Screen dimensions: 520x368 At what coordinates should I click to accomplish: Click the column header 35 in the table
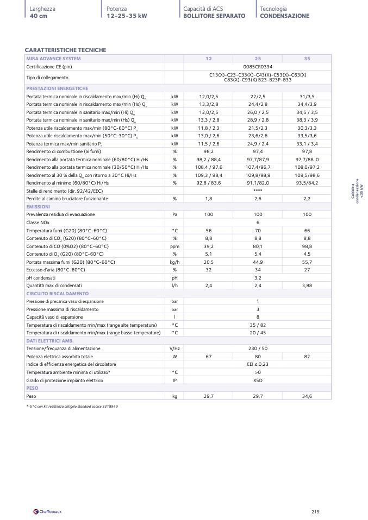307,59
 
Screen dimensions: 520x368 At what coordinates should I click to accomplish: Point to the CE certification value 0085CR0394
258,66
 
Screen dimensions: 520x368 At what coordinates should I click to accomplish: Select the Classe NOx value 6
258,223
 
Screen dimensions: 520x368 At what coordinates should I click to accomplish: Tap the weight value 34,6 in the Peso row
307,397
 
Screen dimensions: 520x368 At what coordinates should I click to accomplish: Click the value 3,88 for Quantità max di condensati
307,286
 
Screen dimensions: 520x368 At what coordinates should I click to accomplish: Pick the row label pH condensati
41,277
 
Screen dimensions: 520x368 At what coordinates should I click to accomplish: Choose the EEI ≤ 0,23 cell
258,364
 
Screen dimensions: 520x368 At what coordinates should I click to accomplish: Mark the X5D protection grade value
258,381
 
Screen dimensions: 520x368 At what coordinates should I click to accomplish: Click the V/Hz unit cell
174,348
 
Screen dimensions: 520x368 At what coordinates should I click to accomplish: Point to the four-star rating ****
258,191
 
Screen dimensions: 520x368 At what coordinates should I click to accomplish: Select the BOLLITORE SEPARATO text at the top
214,16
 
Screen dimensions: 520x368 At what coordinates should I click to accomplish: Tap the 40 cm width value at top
39,16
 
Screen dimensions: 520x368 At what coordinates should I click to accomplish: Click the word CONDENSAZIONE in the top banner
284,16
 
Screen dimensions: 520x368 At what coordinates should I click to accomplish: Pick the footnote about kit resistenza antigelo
72,407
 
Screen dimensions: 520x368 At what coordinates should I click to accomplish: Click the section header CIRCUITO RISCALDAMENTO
53,293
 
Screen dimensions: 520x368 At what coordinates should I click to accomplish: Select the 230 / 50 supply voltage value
258,348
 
